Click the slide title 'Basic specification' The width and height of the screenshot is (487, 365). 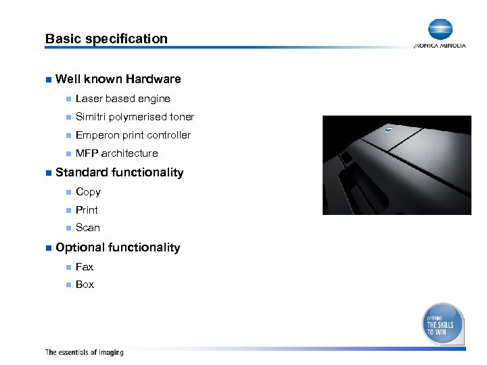point(106,39)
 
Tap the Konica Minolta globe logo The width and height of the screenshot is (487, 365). point(440,30)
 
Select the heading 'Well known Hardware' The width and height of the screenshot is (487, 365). point(118,80)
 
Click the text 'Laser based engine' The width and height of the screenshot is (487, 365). point(122,99)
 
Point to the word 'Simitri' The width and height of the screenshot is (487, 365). point(91,117)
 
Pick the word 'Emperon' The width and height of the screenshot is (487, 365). point(96,135)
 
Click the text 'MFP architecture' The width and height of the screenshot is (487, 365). point(116,153)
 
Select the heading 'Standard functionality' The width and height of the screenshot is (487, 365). point(119,172)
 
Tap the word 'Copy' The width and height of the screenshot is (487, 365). point(88,192)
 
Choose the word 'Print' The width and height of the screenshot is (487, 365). point(87,210)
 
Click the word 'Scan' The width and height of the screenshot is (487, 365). point(87,228)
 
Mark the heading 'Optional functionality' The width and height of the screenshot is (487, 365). point(118,247)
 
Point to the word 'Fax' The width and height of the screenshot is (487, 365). point(85,267)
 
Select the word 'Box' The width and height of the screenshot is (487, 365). point(85,285)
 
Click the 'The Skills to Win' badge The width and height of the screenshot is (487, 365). point(443,324)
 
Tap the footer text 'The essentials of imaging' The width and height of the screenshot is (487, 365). point(84,352)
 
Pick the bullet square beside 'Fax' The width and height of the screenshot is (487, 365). point(68,267)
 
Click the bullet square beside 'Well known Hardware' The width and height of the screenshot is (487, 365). point(47,80)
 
